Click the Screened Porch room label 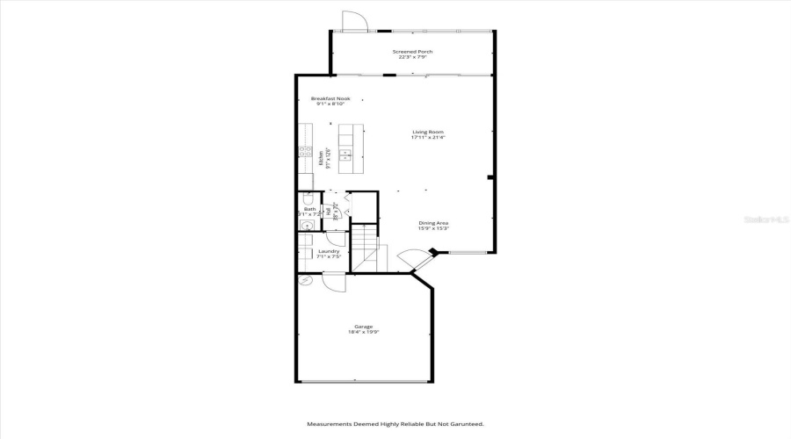412,52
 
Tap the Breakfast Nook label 330,98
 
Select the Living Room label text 428,132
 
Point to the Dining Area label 433,223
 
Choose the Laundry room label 328,251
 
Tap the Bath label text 309,209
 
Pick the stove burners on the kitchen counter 304,152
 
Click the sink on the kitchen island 346,156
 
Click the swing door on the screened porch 352,23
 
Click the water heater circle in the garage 305,280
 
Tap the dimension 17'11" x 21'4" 428,138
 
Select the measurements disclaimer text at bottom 395,424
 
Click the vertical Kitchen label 320,158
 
